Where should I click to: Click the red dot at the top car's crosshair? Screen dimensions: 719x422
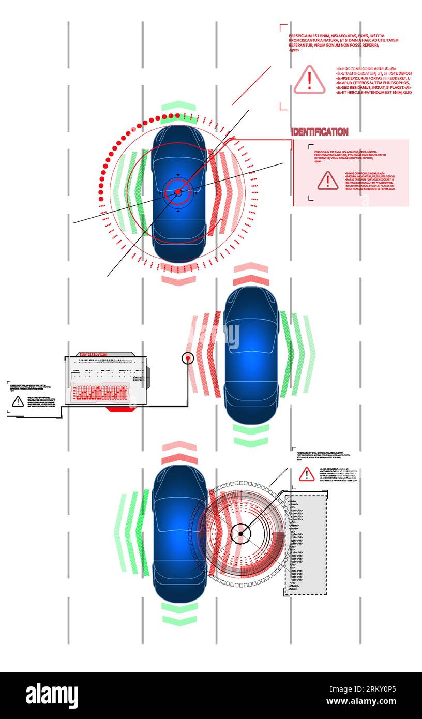[x=178, y=192]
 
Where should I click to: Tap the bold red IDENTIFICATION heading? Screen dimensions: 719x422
[x=320, y=132]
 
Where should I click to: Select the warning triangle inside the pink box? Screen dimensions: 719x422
[x=327, y=181]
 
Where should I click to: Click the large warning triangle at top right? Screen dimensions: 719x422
[x=309, y=80]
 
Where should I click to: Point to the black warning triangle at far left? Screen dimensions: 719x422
[x=18, y=401]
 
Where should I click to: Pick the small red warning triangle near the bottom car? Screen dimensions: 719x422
[x=307, y=474]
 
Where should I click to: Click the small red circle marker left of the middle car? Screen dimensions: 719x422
[x=188, y=357]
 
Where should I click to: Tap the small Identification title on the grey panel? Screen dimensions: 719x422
[x=93, y=354]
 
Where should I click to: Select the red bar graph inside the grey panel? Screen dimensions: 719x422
[x=99, y=393]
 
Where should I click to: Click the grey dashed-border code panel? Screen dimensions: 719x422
[x=306, y=544]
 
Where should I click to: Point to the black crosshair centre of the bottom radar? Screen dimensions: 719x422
[x=240, y=533]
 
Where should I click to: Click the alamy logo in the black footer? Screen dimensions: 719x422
[x=52, y=696]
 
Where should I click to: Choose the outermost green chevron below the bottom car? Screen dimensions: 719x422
[x=179, y=620]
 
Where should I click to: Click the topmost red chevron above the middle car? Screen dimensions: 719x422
[x=251, y=268]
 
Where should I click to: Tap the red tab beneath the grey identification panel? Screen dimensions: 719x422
[x=120, y=409]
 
